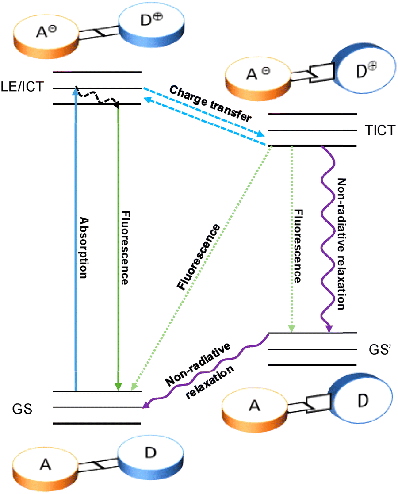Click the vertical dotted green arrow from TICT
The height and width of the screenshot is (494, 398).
point(291,239)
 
